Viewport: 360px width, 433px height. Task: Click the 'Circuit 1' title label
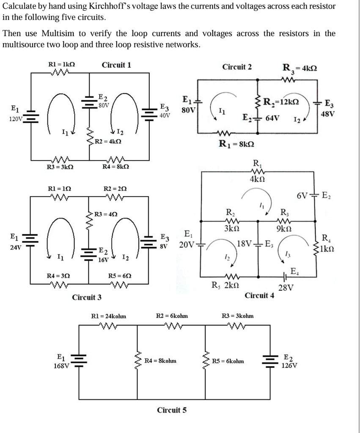click(x=116, y=65)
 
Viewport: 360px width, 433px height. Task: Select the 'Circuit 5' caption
click(x=171, y=410)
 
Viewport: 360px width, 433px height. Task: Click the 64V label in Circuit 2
click(x=272, y=117)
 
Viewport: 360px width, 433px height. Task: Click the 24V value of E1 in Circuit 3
click(x=16, y=247)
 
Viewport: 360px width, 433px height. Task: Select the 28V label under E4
click(x=286, y=288)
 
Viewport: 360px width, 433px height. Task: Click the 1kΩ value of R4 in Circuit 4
click(x=329, y=247)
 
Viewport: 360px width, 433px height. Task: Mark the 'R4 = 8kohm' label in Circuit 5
click(x=160, y=361)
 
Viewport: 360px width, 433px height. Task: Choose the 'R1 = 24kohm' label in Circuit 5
click(x=109, y=316)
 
